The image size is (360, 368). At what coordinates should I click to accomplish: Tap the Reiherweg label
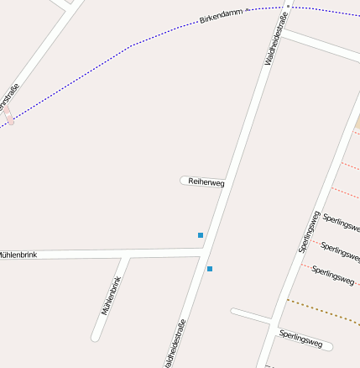[x=206, y=181]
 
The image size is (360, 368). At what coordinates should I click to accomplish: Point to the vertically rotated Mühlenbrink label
[x=112, y=296]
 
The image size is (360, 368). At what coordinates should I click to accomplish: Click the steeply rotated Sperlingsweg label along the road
[x=310, y=231]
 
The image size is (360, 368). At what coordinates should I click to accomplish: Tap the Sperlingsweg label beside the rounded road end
[x=300, y=339]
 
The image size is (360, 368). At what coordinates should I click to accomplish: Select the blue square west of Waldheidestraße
[x=201, y=235]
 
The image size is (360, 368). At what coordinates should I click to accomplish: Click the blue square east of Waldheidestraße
[x=210, y=269]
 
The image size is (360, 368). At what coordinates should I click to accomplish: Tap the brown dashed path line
[x=323, y=313]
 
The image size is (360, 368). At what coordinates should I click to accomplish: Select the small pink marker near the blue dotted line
[x=10, y=121]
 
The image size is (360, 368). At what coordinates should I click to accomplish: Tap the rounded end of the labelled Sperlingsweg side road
[x=329, y=345]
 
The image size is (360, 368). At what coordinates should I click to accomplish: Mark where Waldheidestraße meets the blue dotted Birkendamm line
[x=287, y=7]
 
